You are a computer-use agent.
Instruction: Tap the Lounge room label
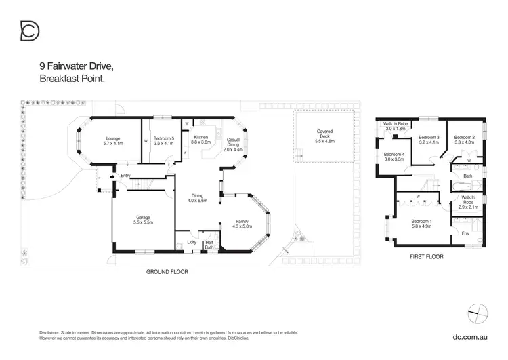pos(113,138)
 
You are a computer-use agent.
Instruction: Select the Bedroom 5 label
pos(164,138)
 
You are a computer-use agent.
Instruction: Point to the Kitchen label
pos(201,138)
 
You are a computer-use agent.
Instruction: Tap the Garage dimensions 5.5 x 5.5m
pos(144,222)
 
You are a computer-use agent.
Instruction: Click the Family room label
pos(242,222)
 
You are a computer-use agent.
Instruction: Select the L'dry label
pos(192,242)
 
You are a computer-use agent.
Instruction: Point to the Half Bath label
pos(209,245)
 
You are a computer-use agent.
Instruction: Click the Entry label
pos(125,176)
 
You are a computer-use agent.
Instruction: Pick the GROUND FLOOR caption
pos(167,271)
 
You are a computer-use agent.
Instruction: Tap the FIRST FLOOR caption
pos(427,257)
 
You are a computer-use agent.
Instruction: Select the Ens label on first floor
pos(465,233)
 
